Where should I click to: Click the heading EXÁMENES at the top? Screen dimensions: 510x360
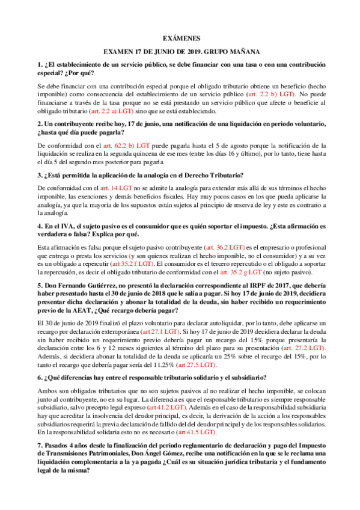(x=180, y=37)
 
